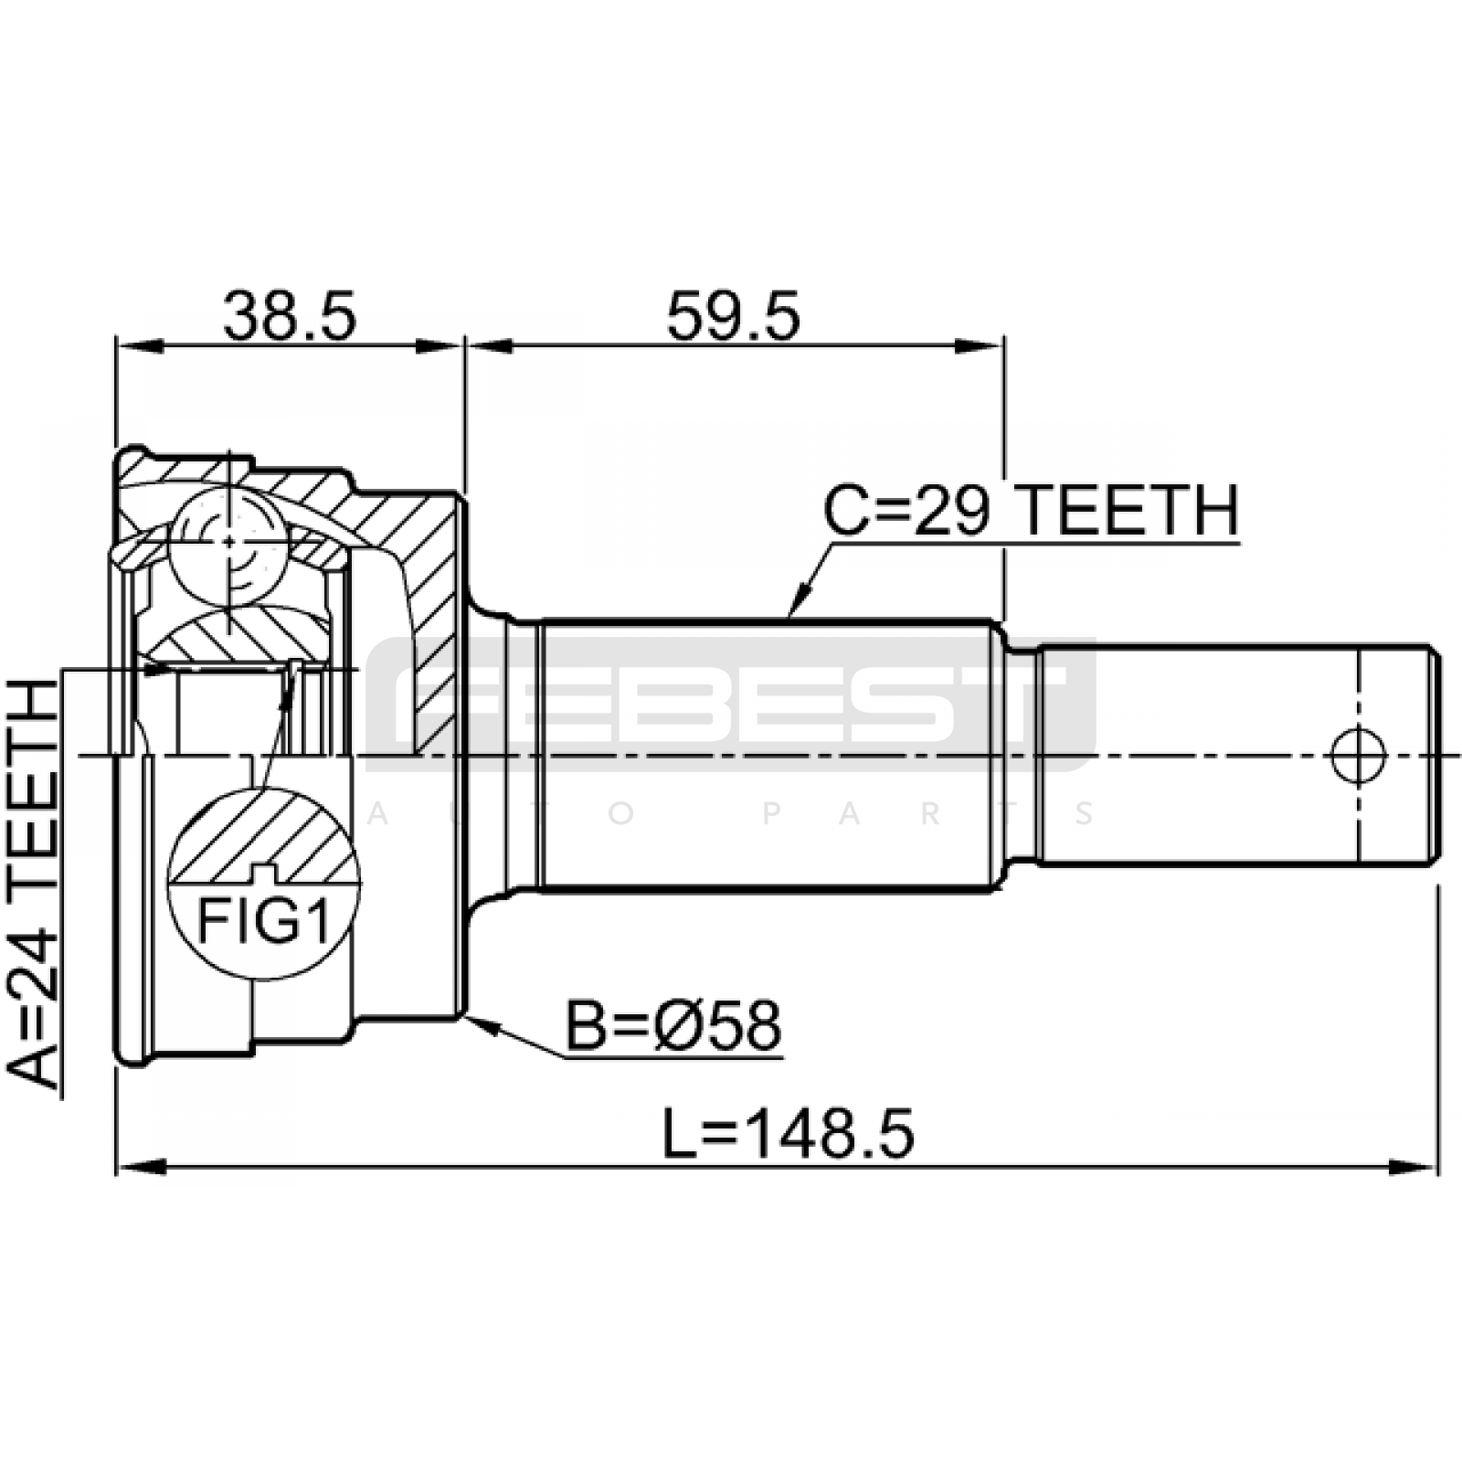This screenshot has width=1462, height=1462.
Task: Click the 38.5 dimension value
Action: pos(289,315)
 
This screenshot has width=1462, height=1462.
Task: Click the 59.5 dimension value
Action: pos(733,315)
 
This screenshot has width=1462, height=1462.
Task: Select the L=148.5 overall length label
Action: pos(788,1135)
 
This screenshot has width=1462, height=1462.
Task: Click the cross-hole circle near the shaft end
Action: pos(1359,755)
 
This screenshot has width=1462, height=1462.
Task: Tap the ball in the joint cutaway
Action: pos(228,543)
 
